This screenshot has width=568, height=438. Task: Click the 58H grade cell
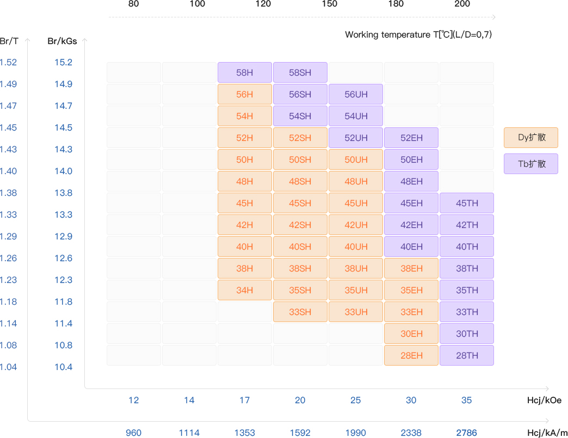[x=245, y=72]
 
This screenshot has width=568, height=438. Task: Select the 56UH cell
[x=356, y=94]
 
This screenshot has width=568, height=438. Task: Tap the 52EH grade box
[x=411, y=138]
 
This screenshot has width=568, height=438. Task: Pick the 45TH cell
[x=467, y=203]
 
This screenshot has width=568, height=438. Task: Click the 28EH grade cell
[x=411, y=355]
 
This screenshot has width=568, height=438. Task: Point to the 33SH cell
[x=300, y=312]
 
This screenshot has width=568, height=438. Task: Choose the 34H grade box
[x=245, y=290]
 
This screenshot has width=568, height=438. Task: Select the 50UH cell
[x=356, y=159]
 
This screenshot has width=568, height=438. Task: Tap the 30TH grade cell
[x=467, y=334]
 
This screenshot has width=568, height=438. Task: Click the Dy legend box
[x=531, y=138]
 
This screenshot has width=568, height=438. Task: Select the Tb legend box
[x=531, y=164]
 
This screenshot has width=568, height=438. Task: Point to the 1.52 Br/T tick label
[x=8, y=62]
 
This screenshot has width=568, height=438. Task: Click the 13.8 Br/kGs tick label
[x=63, y=193]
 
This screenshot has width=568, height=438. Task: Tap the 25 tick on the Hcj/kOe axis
[x=356, y=400]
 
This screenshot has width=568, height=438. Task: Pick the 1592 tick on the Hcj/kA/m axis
[x=300, y=433]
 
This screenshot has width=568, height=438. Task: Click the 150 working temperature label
[x=330, y=4]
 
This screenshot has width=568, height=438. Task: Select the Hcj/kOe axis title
[x=544, y=400]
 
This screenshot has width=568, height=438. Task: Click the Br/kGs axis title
[x=62, y=41]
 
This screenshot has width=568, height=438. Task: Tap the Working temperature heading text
[x=418, y=35]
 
